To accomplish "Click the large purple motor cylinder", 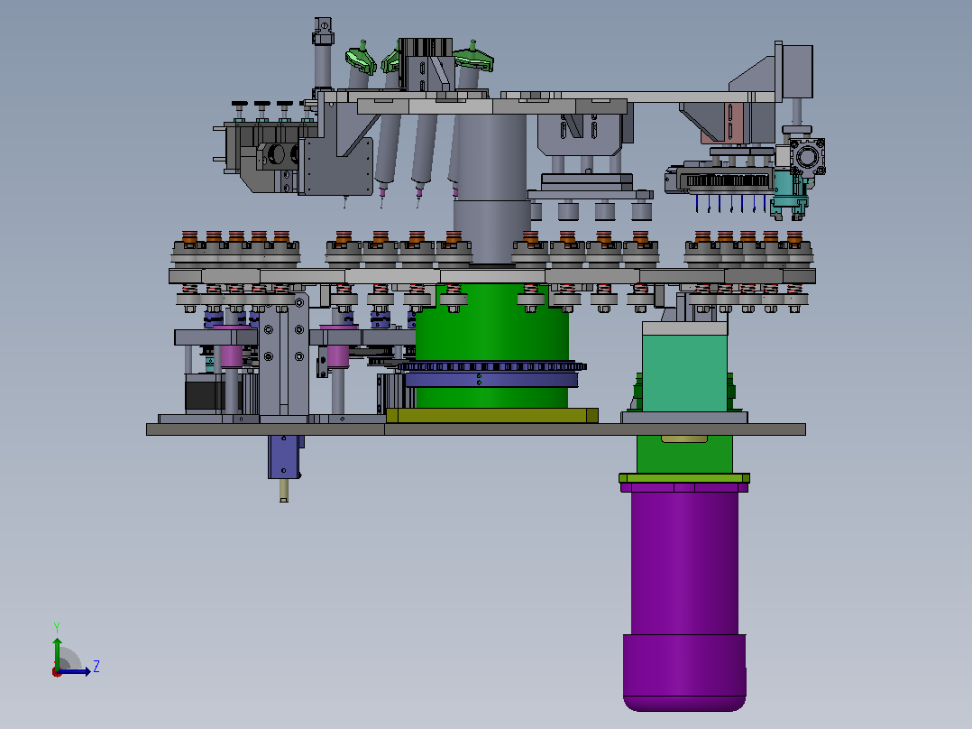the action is pos(684,595).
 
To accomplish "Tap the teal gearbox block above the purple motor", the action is pos(684,373).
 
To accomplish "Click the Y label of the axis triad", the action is pos(57,627).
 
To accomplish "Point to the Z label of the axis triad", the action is pos(96,667).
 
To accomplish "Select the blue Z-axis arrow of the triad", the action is pos(74,671).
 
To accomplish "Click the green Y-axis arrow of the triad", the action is pos(57,653).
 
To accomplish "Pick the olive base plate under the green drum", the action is pos(492,416).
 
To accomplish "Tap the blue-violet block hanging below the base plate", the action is pos(284,457).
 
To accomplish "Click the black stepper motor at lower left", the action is pos(204,392).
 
